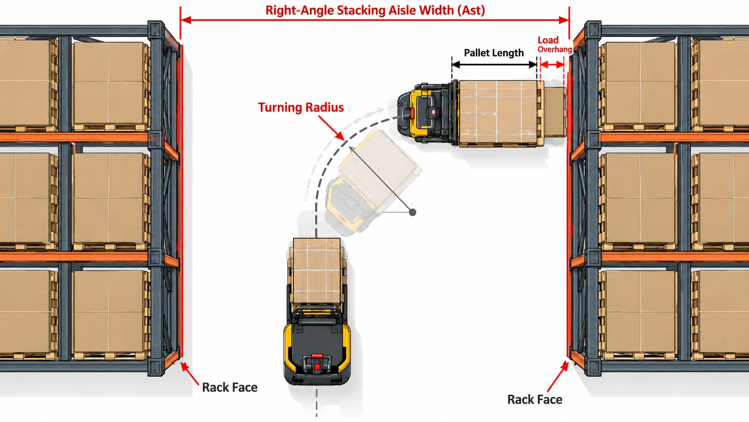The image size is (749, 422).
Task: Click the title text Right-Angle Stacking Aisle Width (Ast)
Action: (x=375, y=10)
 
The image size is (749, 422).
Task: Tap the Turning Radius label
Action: (x=301, y=108)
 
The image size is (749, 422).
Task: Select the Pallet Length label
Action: (x=494, y=53)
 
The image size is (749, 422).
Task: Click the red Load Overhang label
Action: (x=555, y=44)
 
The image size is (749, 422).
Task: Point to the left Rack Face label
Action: (x=230, y=387)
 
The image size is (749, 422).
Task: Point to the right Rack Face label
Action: (x=535, y=399)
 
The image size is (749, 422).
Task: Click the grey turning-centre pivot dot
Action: (x=413, y=212)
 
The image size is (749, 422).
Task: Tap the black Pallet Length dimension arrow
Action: (x=494, y=65)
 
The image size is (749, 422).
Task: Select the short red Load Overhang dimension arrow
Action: (x=552, y=65)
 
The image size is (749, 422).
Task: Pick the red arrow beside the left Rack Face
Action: (x=189, y=373)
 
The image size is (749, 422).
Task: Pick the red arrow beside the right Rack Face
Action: (x=558, y=376)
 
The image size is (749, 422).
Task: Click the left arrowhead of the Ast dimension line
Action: (x=186, y=20)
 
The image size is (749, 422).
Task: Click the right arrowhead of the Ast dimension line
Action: (x=564, y=20)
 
